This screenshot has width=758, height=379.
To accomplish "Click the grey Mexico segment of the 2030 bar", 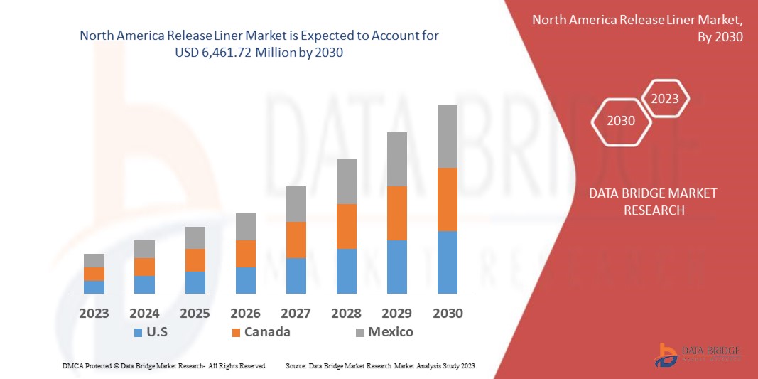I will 447,137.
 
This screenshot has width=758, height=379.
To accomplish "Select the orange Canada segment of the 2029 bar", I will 396,213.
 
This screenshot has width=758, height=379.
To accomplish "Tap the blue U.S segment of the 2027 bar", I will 296,276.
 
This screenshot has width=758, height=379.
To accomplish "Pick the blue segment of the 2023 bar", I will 94,287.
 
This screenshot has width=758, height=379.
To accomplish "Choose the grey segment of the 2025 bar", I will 195,238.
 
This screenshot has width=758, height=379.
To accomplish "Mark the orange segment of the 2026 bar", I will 245,254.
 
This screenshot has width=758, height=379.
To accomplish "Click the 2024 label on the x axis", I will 144,314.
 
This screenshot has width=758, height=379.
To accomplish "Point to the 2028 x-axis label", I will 346,314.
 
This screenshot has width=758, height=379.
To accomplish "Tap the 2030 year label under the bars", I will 447,314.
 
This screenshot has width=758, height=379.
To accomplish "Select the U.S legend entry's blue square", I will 138,332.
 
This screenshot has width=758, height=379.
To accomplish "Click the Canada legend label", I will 267,332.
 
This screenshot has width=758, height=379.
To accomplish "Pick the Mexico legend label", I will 390,332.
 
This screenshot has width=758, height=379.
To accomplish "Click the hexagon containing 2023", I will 665,99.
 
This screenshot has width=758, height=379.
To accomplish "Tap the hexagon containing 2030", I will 621,121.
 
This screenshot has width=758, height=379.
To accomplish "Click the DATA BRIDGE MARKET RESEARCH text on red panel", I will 653,202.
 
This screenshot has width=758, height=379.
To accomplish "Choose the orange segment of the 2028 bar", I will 346,226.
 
